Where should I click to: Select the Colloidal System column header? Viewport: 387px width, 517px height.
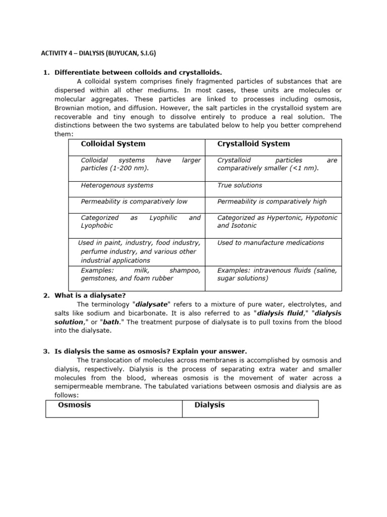click(113, 144)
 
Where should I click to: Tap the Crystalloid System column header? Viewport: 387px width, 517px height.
click(253, 144)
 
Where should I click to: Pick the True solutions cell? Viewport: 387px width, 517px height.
click(239, 185)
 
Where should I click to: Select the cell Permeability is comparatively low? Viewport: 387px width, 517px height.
click(134, 201)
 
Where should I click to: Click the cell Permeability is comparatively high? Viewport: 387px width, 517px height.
click(272, 201)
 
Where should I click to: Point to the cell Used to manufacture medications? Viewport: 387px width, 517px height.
click(270, 243)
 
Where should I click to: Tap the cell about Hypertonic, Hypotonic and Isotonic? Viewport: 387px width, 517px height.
click(277, 222)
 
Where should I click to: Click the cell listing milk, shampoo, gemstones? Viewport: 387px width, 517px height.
click(140, 274)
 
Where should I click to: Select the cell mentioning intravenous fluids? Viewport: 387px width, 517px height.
click(277, 274)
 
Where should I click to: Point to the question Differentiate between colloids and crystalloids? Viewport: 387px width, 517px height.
click(138, 73)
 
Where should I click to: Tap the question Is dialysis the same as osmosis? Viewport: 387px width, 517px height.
click(151, 351)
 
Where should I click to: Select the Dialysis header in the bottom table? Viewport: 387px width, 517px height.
click(210, 405)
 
